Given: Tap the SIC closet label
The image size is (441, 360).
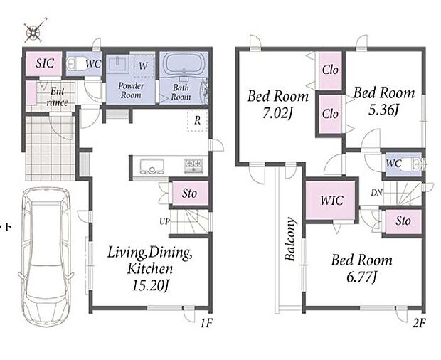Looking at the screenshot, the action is [45, 63].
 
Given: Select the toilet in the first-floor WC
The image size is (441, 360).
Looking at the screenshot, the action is [75, 64].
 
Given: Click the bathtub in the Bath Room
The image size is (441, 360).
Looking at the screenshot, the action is [184, 64].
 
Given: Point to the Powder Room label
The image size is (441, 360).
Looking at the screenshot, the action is [131, 90].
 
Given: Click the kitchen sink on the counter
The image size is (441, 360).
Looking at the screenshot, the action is [152, 166].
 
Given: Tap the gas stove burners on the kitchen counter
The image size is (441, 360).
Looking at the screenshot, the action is [193, 166].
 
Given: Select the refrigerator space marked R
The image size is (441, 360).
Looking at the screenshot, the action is [198, 120].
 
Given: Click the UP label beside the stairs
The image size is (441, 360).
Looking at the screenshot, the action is [164, 222].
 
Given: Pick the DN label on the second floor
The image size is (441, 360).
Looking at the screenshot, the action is [376, 193].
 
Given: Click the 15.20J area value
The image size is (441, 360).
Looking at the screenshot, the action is [151, 286].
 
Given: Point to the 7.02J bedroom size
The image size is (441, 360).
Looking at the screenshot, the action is [278, 113].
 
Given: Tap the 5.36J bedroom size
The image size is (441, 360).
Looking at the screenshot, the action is [383, 110].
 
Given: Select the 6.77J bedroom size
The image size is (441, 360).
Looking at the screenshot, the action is [361, 277].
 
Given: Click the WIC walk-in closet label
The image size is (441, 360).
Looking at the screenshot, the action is [332, 201].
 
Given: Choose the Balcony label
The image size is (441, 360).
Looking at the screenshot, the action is [290, 238].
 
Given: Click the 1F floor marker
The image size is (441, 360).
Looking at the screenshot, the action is [206, 323].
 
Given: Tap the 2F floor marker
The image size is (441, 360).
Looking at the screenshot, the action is [419, 323].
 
